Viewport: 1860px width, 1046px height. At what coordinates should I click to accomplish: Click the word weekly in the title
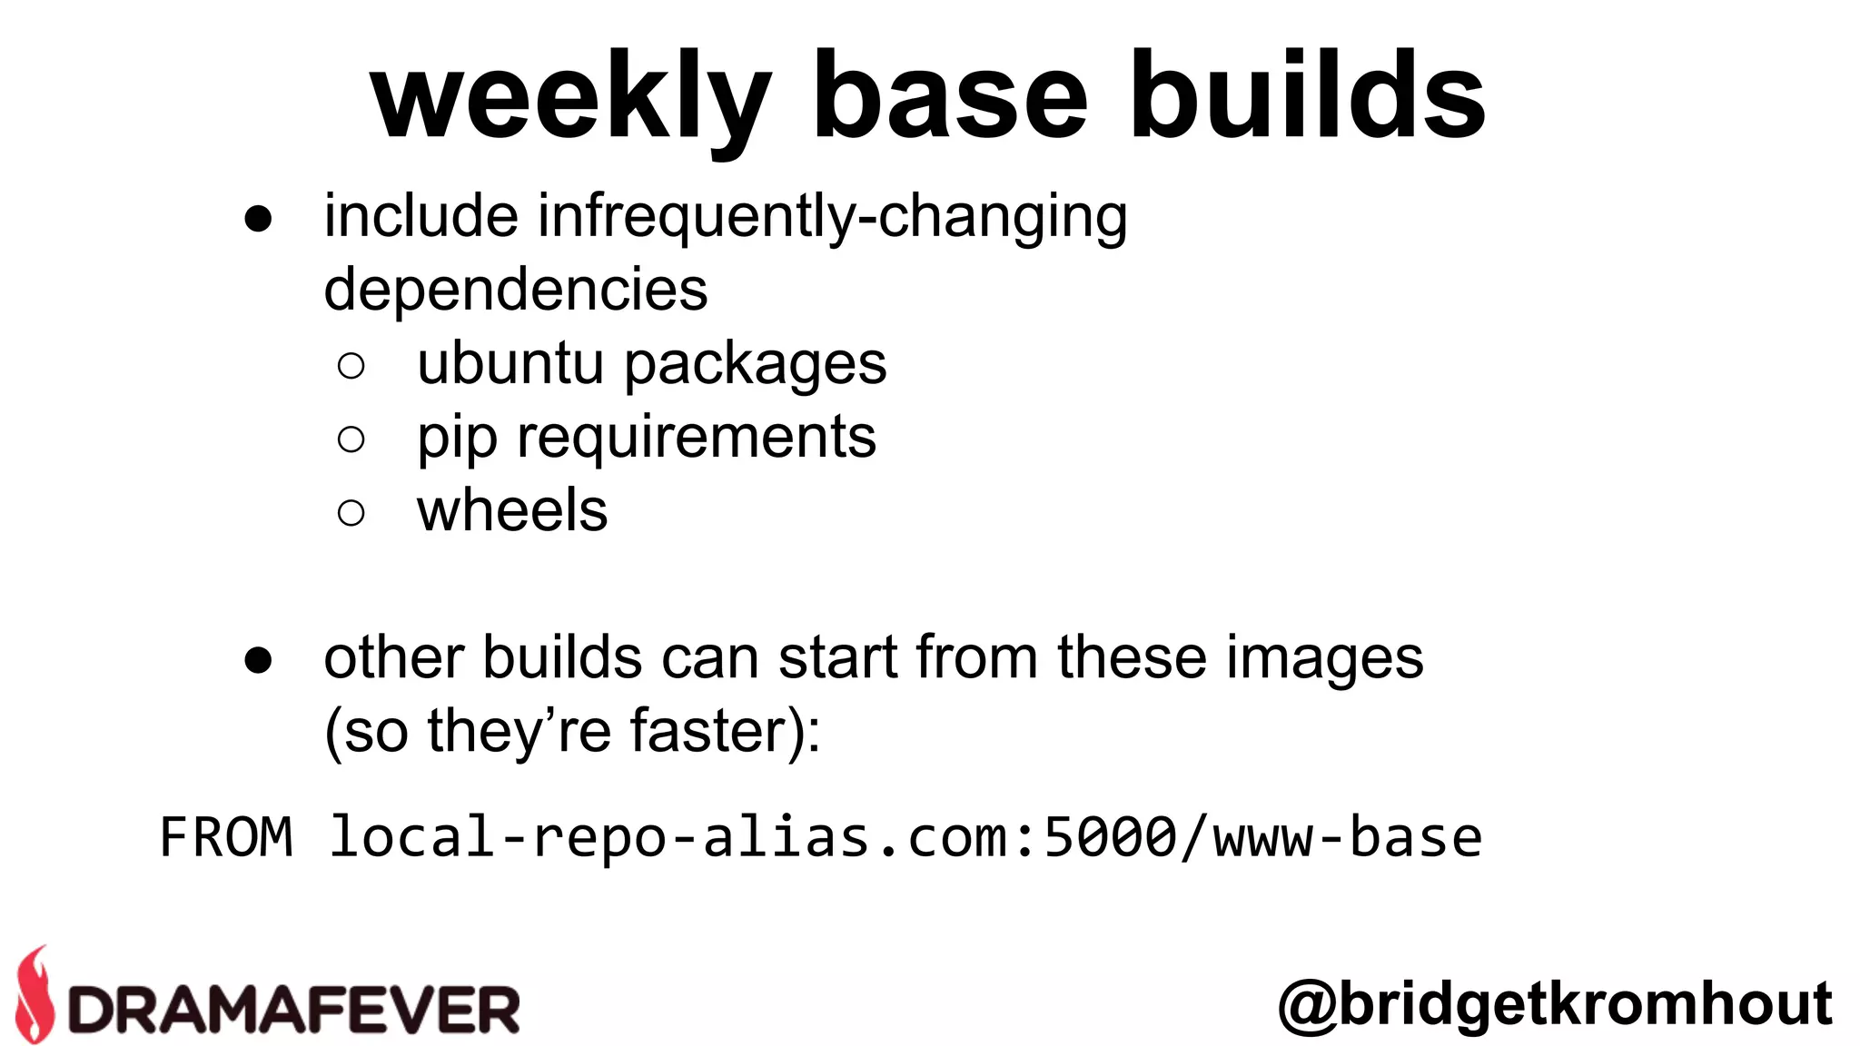570,98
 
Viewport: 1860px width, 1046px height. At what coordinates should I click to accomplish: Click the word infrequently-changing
832,218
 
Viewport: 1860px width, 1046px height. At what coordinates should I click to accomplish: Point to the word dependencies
515,290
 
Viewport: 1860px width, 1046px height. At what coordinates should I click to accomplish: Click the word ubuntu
510,363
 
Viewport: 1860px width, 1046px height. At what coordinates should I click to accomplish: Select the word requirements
697,438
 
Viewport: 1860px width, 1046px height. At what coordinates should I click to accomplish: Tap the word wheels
512,510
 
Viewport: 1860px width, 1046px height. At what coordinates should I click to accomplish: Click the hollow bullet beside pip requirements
351,439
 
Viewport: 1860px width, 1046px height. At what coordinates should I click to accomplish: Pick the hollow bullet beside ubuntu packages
351,366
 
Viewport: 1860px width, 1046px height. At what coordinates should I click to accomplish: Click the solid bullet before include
258,219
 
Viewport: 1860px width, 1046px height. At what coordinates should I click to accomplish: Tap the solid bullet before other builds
258,660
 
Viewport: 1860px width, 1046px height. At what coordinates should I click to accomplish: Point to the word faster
708,731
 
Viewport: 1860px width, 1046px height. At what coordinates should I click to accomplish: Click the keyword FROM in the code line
226,837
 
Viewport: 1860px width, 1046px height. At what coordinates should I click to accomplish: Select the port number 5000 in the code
1110,837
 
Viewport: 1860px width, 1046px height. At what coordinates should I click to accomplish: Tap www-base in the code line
1348,837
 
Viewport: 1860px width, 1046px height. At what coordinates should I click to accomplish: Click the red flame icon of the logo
35,994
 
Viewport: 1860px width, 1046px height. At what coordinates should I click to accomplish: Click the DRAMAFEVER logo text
293,1010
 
